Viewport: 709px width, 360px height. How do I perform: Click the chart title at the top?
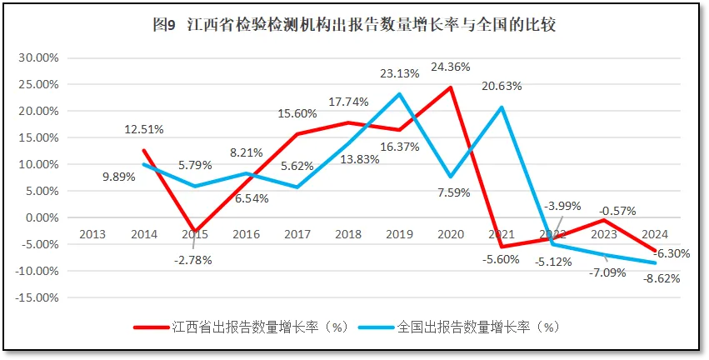354,25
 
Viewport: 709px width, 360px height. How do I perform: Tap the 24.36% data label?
451,67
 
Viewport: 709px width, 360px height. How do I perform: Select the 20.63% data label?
502,86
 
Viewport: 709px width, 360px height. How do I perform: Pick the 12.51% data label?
143,129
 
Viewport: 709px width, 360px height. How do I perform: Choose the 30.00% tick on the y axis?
38,57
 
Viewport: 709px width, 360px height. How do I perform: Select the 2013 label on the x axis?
92,234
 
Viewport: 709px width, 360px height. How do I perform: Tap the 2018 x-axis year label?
348,234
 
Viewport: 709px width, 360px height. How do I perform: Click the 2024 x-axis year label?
655,234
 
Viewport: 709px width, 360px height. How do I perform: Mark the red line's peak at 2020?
451,87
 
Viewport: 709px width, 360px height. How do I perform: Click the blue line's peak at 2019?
400,94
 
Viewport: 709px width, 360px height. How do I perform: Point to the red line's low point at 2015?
195,232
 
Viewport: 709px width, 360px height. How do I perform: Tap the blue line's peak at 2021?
502,107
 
